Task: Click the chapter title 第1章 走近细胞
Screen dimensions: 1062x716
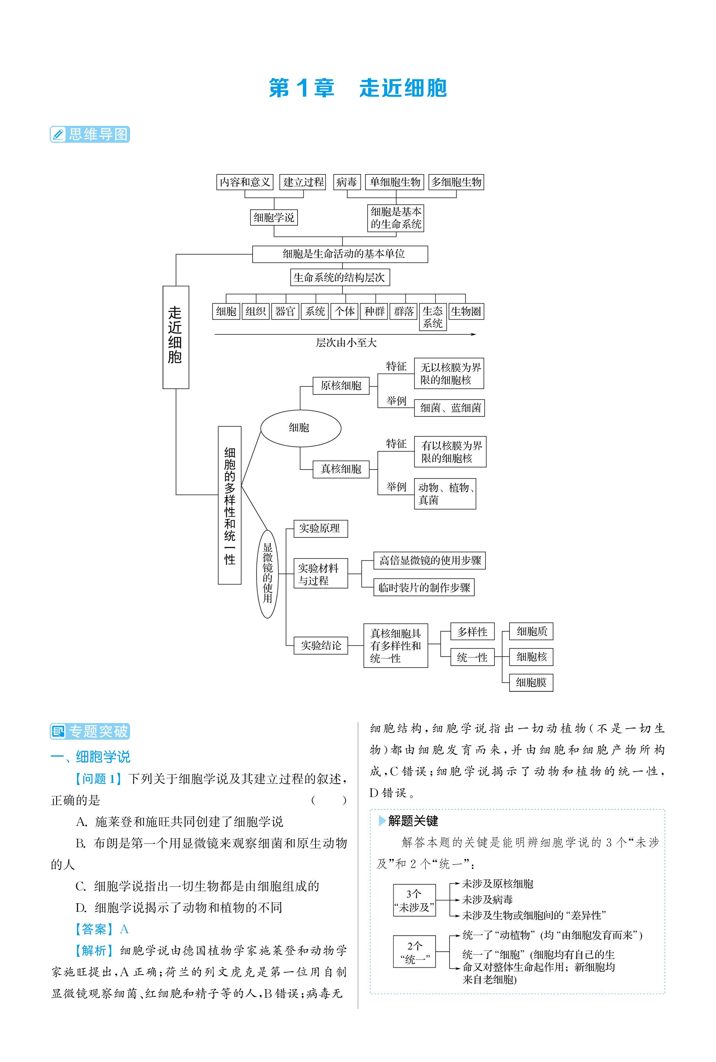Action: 358,88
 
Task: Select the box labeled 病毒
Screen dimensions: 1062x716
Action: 347,182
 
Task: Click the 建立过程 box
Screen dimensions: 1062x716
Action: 304,182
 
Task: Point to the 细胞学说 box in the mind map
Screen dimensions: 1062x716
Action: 274,217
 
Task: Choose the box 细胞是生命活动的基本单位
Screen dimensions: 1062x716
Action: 340,254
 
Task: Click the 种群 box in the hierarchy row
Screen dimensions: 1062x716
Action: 374,311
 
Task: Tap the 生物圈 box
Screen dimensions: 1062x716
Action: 466,311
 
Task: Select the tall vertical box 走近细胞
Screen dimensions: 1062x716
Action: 176,337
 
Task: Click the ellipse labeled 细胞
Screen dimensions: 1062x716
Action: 301,428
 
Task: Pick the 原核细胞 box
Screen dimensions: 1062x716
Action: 341,385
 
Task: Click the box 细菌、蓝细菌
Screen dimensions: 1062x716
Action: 449,408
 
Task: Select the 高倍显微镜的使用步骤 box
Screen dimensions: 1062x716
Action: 429,560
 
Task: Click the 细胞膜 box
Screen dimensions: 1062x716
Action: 531,682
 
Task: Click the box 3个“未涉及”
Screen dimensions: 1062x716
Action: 414,900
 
